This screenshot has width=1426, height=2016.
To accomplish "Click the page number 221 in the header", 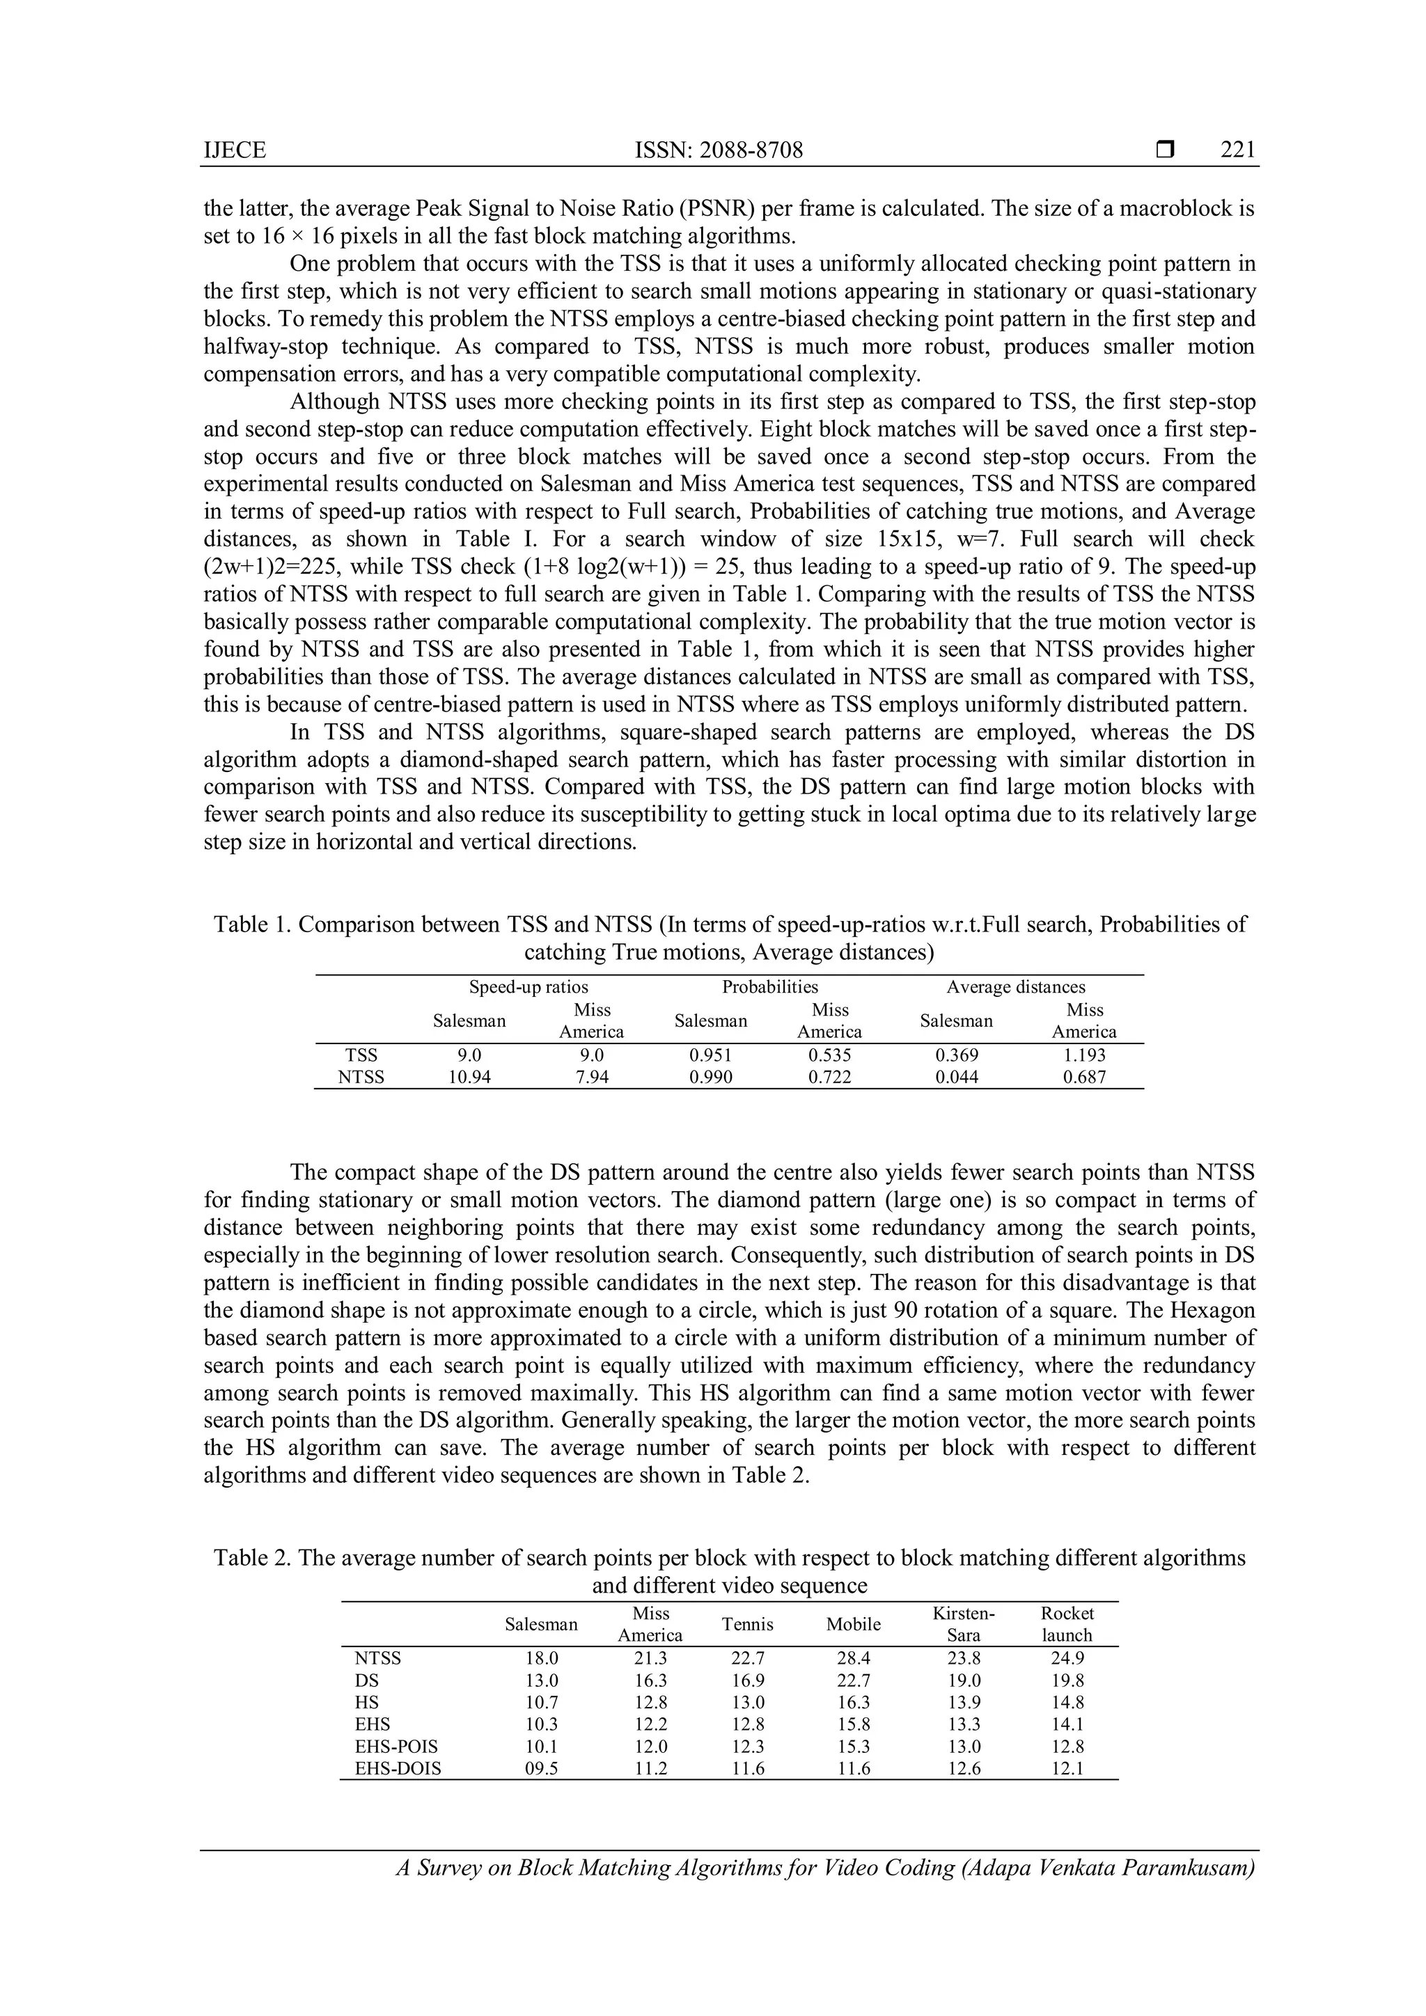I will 1237,150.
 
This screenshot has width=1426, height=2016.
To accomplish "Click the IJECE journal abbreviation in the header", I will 235,151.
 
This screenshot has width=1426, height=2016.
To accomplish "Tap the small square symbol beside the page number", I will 1164,150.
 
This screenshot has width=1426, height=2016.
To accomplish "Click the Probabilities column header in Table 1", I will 769,987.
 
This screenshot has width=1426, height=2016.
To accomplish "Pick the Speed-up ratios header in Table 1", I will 528,987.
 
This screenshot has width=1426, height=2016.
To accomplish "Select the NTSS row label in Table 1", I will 361,1078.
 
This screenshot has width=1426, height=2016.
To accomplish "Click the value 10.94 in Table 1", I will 469,1078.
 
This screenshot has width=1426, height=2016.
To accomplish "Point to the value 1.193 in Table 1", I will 1083,1055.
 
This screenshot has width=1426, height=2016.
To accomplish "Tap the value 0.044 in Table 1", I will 956,1078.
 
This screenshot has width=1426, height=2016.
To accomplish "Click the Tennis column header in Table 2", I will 747,1624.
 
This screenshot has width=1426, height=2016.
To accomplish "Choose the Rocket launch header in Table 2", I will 1067,1624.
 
